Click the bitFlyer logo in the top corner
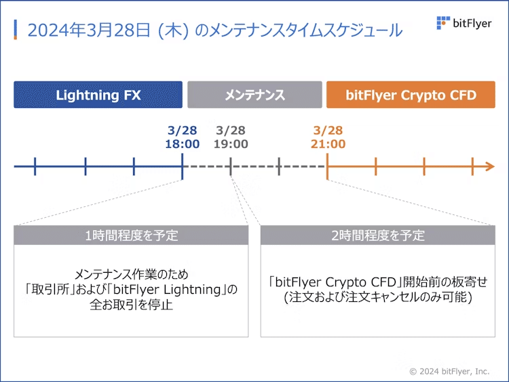[464, 24]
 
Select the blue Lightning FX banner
[98, 95]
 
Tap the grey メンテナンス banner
[254, 95]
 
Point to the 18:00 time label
[182, 144]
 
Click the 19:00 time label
[231, 144]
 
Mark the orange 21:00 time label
[328, 144]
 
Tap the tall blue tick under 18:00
[182, 166]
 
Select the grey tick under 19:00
[231, 166]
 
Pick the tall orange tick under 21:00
[327, 166]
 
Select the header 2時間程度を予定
[378, 235]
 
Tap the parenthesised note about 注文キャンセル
[378, 297]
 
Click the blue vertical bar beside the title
[16, 30]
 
